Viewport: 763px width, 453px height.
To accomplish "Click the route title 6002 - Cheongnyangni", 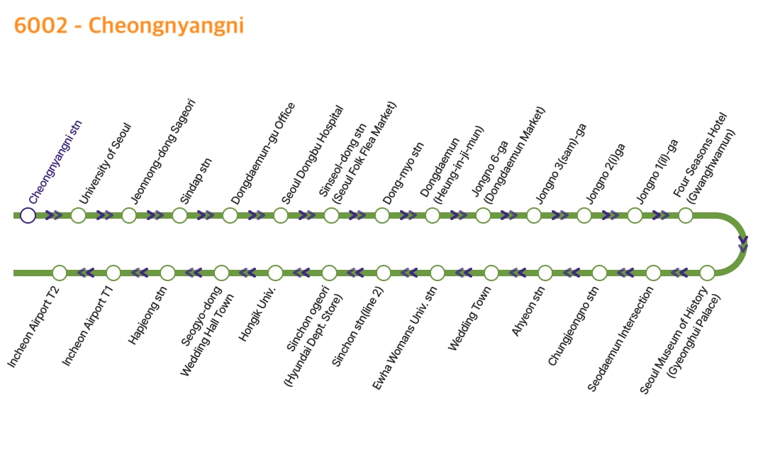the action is [x=129, y=26].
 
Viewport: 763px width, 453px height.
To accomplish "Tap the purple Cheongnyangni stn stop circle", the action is [x=28, y=215].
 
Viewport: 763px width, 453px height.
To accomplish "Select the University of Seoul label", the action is [x=105, y=164].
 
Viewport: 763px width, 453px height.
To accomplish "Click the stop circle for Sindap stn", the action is [x=179, y=215].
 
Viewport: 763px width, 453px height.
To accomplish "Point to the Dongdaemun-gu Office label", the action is [x=263, y=153].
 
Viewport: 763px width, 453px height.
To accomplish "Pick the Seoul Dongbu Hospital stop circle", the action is [x=281, y=215].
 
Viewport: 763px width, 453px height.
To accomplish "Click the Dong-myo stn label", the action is [x=403, y=173].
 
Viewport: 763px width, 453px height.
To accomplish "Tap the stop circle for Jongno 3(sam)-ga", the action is [x=534, y=215].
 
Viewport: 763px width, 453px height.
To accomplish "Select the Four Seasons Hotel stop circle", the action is [x=686, y=215].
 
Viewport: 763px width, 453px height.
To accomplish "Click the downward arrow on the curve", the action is [x=743, y=244].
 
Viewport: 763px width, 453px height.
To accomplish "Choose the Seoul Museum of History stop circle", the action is [x=707, y=273].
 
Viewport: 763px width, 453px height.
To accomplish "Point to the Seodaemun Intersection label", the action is [x=620, y=339].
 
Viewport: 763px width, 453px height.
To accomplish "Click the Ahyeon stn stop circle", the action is [x=545, y=273].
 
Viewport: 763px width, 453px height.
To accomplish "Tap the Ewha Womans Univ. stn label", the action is [x=404, y=338].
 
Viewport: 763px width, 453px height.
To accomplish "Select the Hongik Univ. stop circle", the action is [x=275, y=273].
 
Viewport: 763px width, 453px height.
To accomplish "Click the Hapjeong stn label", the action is [x=147, y=316].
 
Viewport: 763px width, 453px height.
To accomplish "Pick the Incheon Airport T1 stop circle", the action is [x=113, y=273].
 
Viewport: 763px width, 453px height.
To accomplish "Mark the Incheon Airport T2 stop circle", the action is [x=60, y=273].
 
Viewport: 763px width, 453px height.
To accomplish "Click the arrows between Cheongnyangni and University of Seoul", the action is [x=53, y=215].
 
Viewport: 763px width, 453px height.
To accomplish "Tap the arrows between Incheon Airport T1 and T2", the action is [x=86, y=273].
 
